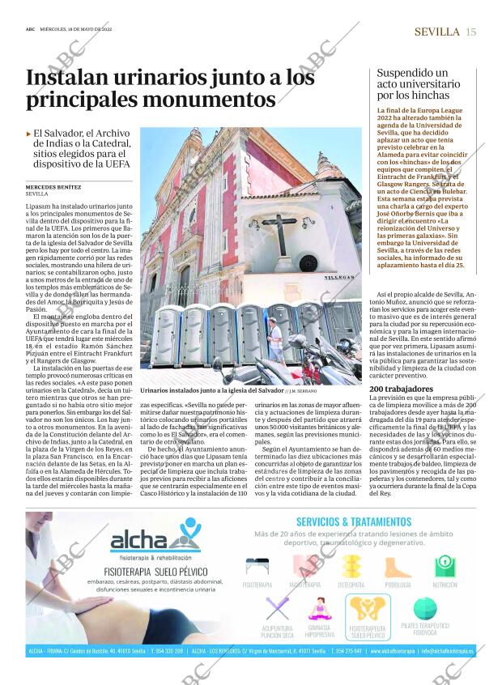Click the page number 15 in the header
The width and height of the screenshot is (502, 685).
(471, 32)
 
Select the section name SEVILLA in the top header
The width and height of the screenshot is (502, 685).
(437, 32)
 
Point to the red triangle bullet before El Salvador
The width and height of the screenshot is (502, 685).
(29, 134)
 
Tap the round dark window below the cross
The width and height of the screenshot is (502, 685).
(308, 262)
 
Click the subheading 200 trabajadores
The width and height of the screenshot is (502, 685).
(398, 389)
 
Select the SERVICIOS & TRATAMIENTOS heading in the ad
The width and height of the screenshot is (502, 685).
(354, 521)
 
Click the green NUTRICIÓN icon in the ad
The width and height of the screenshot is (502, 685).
(445, 567)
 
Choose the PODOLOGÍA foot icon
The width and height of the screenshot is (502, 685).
(398, 567)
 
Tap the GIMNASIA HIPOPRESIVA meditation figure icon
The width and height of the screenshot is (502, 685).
(319, 609)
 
